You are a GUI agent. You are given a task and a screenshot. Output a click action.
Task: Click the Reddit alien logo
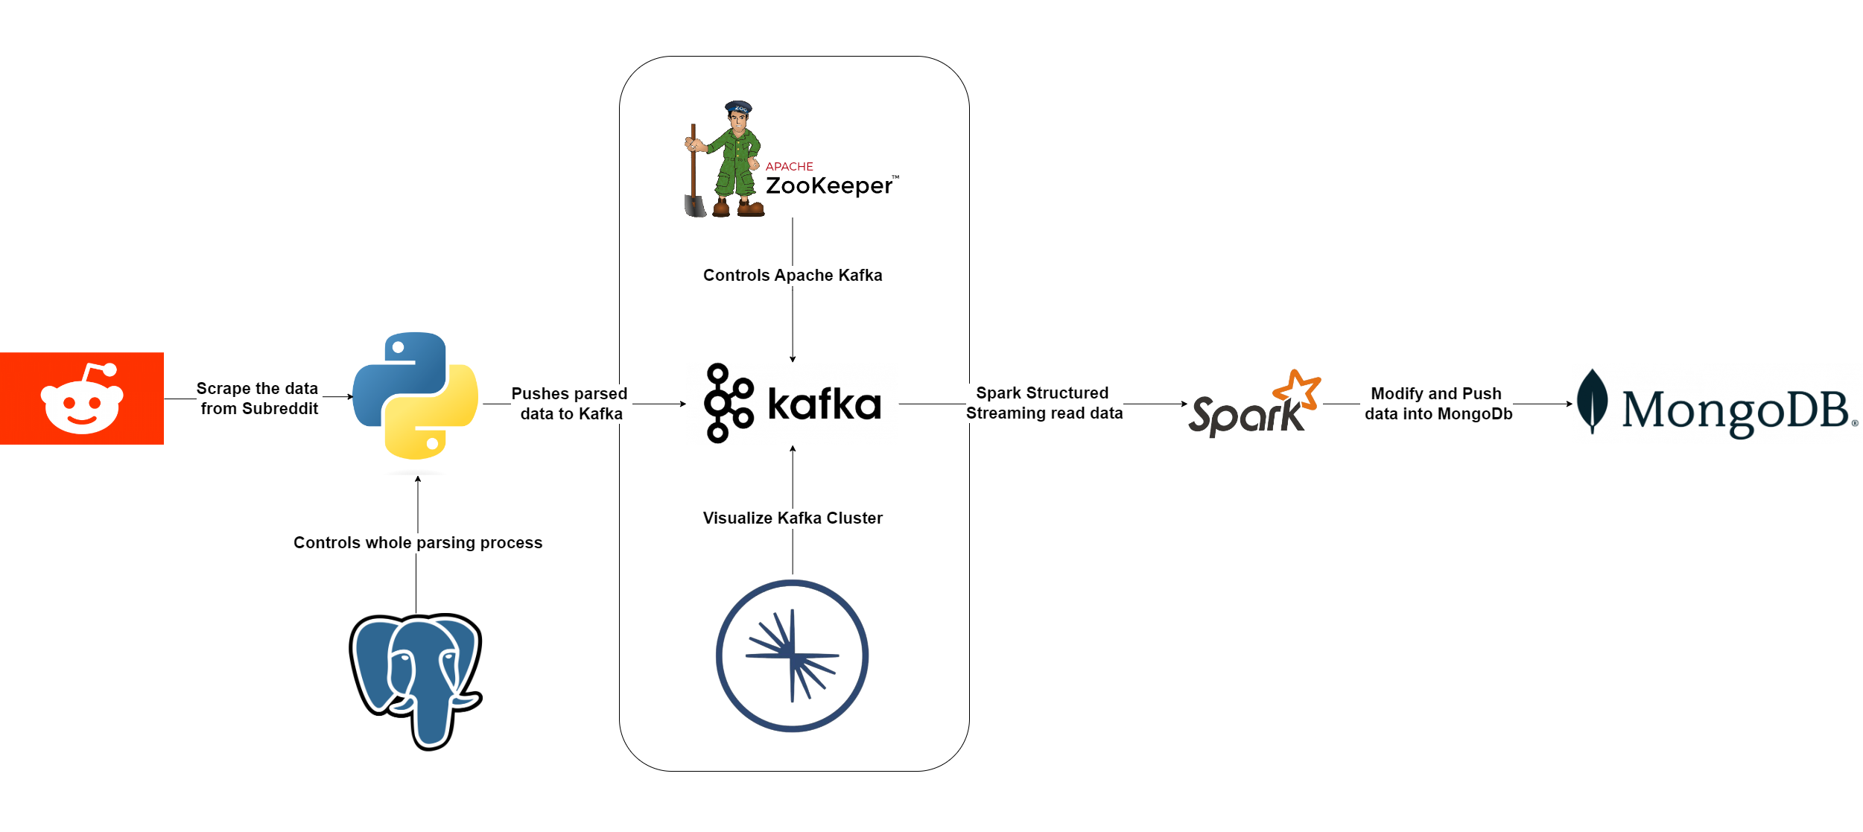pyautogui.click(x=82, y=398)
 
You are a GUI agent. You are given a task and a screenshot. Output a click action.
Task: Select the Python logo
pyautogui.click(x=416, y=396)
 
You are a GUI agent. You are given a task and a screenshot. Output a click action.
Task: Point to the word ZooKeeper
pyautogui.click(x=829, y=185)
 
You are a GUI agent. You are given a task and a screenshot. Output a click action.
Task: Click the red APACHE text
pyautogui.click(x=789, y=166)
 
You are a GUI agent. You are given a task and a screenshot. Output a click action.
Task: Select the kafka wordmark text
pyautogui.click(x=824, y=404)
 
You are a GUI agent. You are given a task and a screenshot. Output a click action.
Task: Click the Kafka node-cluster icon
pyautogui.click(x=728, y=403)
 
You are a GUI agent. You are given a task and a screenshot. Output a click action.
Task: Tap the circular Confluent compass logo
pyautogui.click(x=792, y=655)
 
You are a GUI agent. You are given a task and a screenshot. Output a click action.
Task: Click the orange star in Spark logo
pyautogui.click(x=1298, y=389)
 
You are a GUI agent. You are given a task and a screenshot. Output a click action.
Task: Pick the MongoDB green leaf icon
pyautogui.click(x=1592, y=400)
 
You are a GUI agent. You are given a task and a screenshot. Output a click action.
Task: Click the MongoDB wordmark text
pyautogui.click(x=1736, y=410)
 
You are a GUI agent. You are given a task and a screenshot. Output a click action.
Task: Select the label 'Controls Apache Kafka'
pyautogui.click(x=793, y=276)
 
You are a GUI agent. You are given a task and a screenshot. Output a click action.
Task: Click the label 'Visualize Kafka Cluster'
pyautogui.click(x=793, y=518)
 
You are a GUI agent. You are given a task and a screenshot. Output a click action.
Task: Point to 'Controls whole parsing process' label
pyautogui.click(x=418, y=542)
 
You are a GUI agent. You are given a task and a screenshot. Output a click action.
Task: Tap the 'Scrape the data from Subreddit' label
pyautogui.click(x=258, y=398)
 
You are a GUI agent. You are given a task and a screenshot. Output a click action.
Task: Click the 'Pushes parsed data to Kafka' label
pyautogui.click(x=570, y=404)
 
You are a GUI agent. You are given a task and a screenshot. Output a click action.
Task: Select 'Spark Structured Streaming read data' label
pyautogui.click(x=1044, y=403)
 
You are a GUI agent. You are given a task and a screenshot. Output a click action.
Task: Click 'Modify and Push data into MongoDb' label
pyautogui.click(x=1438, y=404)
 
